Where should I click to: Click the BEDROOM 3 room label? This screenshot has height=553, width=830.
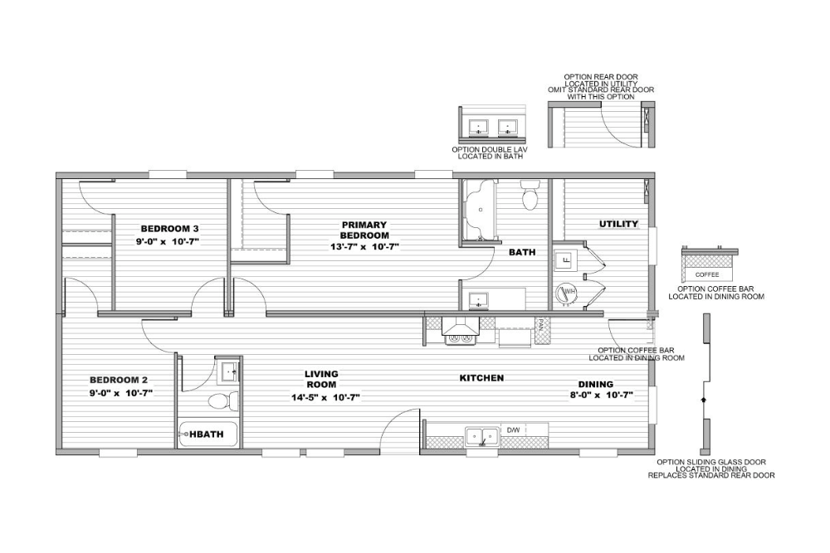coord(169,229)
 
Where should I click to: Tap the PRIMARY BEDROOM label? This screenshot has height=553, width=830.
coord(364,230)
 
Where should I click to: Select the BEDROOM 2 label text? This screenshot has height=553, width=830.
coord(119,380)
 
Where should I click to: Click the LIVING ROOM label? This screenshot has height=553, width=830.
coord(322,379)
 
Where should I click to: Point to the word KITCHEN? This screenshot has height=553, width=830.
coord(481,378)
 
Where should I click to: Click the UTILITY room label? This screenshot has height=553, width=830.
coord(618,224)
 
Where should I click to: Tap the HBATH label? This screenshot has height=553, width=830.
coord(207,434)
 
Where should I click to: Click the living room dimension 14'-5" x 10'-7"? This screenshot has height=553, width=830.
coord(325,398)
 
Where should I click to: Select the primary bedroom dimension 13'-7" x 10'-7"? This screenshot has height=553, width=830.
coord(364,246)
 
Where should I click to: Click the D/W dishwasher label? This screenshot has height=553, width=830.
coord(513,430)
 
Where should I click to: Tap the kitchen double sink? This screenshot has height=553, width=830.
coord(482,437)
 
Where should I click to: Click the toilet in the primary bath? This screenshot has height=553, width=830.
coord(530,195)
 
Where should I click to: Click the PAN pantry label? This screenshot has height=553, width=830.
coord(541,323)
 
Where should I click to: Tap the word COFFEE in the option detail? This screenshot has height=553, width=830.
coord(707,275)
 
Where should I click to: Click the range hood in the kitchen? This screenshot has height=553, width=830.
coord(460,326)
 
